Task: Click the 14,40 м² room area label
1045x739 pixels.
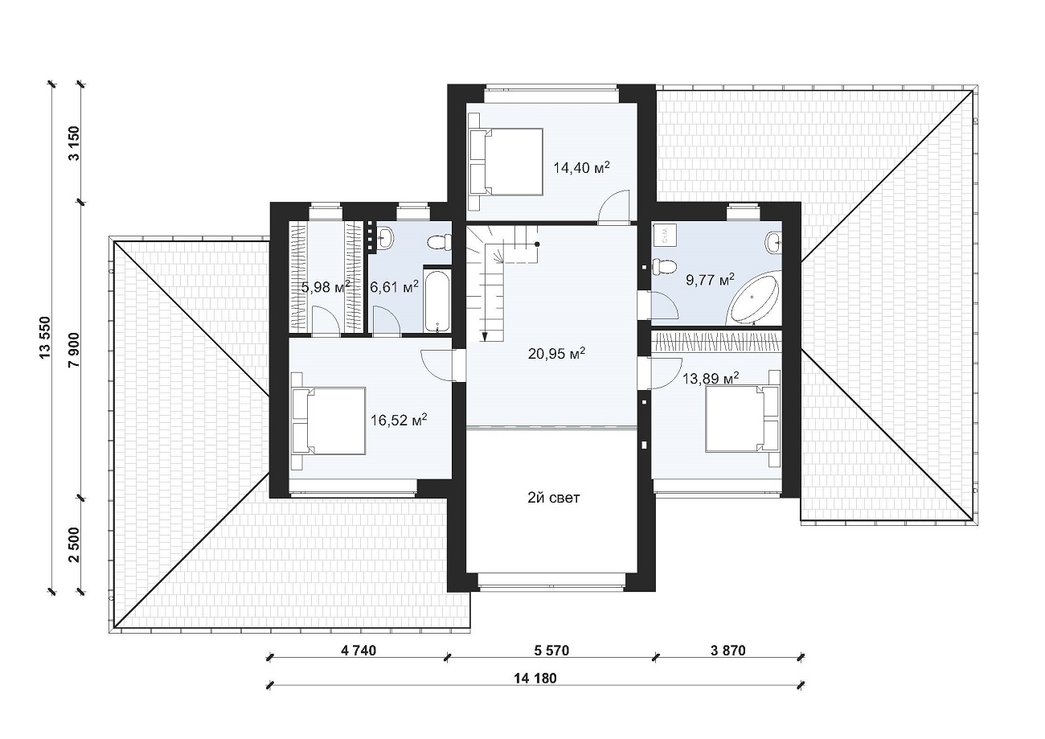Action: (581, 167)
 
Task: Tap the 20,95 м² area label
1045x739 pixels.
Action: (556, 353)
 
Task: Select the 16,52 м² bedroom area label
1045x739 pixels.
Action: (399, 420)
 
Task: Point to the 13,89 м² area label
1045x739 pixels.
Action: (711, 377)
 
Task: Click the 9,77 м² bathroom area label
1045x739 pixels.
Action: (710, 280)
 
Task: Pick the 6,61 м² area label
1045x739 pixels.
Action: (394, 286)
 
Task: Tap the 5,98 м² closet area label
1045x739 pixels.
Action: (326, 286)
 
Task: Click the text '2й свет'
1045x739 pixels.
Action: (554, 498)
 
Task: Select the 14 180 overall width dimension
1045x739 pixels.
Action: (535, 678)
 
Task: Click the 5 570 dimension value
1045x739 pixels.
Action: (551, 650)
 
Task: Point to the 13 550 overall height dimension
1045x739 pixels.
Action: (45, 337)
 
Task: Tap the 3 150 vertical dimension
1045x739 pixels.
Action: (74, 143)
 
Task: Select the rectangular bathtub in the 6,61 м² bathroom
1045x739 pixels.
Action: (437, 299)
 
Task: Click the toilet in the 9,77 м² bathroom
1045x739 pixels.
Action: (664, 266)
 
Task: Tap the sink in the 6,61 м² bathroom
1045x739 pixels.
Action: (385, 238)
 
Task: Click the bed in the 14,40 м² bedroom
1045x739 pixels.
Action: (506, 162)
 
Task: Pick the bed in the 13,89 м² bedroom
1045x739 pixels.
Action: (743, 419)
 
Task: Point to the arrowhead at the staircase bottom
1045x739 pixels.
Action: (485, 336)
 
